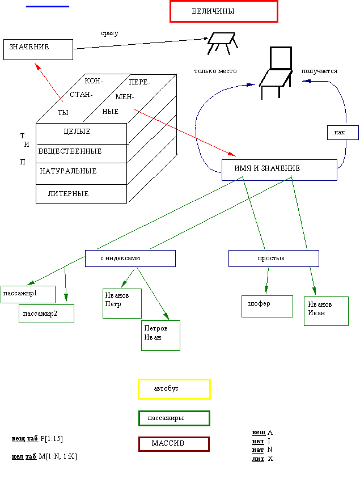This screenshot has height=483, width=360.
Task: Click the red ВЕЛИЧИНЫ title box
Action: coord(223,11)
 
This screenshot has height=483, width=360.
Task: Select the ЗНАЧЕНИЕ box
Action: coord(38,49)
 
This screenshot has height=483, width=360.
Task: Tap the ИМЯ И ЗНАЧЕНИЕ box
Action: coord(279,170)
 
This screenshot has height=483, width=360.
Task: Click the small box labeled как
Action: coord(342,132)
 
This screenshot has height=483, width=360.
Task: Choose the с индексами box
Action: coord(130,259)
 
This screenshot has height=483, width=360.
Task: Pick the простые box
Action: coord(273,259)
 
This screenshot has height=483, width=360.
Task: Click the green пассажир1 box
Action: coord(28,294)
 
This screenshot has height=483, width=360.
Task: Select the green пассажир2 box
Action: coord(46,313)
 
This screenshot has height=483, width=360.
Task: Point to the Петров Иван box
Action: coord(160,335)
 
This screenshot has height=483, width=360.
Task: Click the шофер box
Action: coord(266,306)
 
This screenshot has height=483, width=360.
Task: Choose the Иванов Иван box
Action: coord(326,311)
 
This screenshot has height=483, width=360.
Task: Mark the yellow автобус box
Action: coord(174,389)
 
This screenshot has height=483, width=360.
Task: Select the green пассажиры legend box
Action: coord(174,418)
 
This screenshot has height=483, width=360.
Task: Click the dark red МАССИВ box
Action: coord(174,444)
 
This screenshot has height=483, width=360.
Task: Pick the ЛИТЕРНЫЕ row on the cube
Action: coord(81,194)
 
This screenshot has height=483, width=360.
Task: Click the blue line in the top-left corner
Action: coord(48,6)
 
